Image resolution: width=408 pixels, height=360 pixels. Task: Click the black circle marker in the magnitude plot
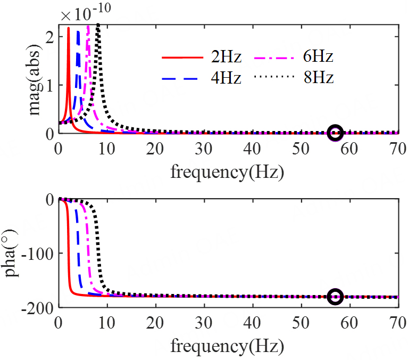(335, 133)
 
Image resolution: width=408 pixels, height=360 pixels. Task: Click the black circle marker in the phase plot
(335, 297)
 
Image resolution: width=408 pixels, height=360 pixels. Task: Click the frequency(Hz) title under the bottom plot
(227, 347)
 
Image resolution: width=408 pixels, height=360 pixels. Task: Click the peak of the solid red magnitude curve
(68, 29)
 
